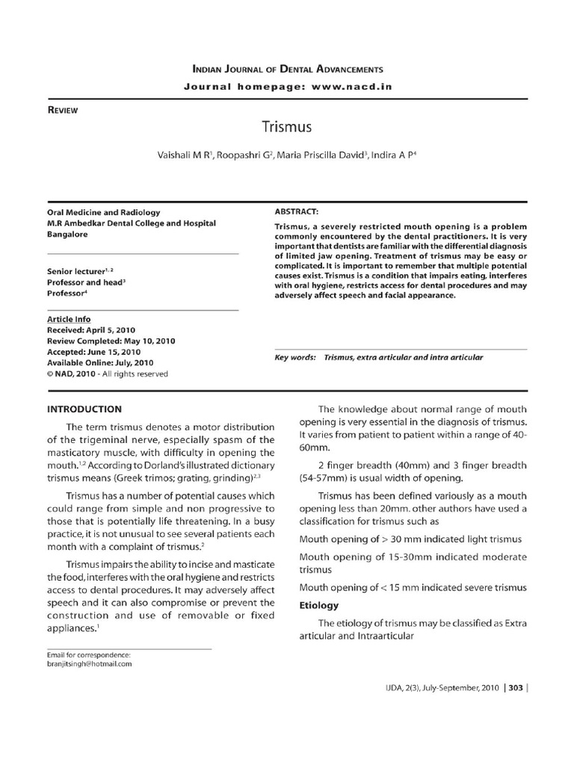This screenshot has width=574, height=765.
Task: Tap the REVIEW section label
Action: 63,110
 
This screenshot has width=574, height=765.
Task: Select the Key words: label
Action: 295,358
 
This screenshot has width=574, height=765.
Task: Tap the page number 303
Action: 515,710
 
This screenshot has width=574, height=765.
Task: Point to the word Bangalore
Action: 67,234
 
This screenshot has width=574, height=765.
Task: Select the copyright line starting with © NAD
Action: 107,374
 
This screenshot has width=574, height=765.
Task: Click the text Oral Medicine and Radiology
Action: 103,212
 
